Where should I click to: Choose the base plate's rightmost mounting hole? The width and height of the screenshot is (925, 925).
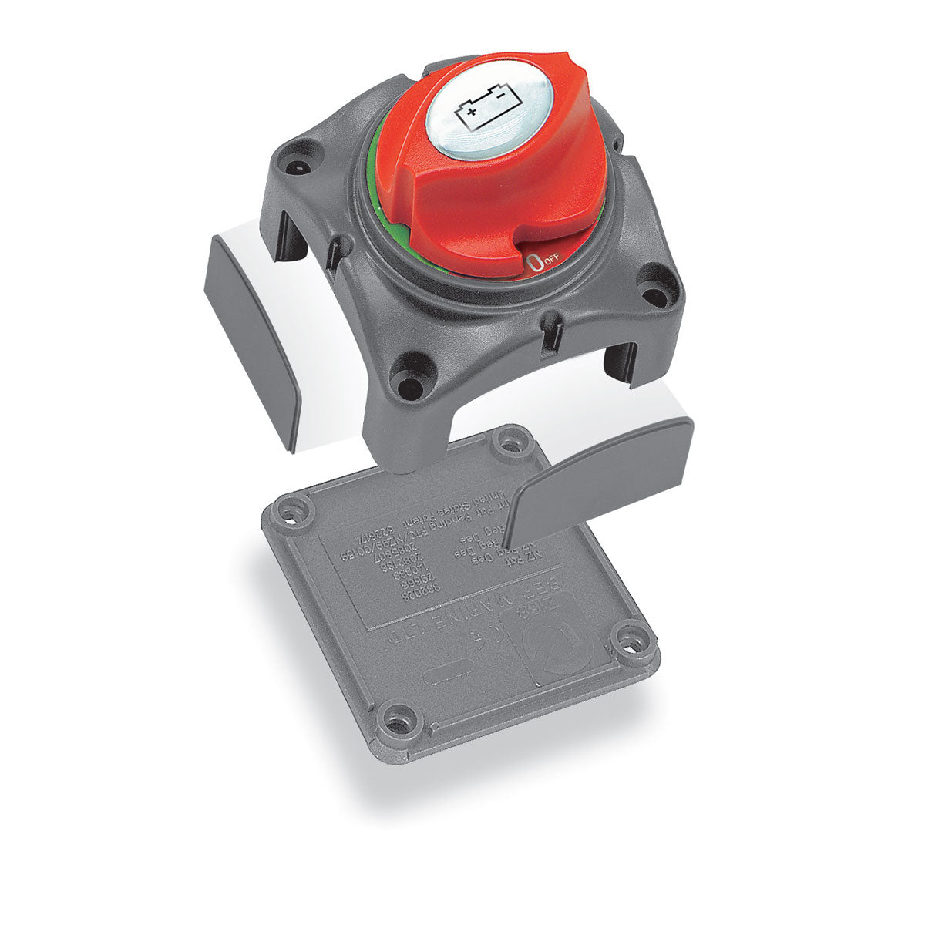pos(632,639)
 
